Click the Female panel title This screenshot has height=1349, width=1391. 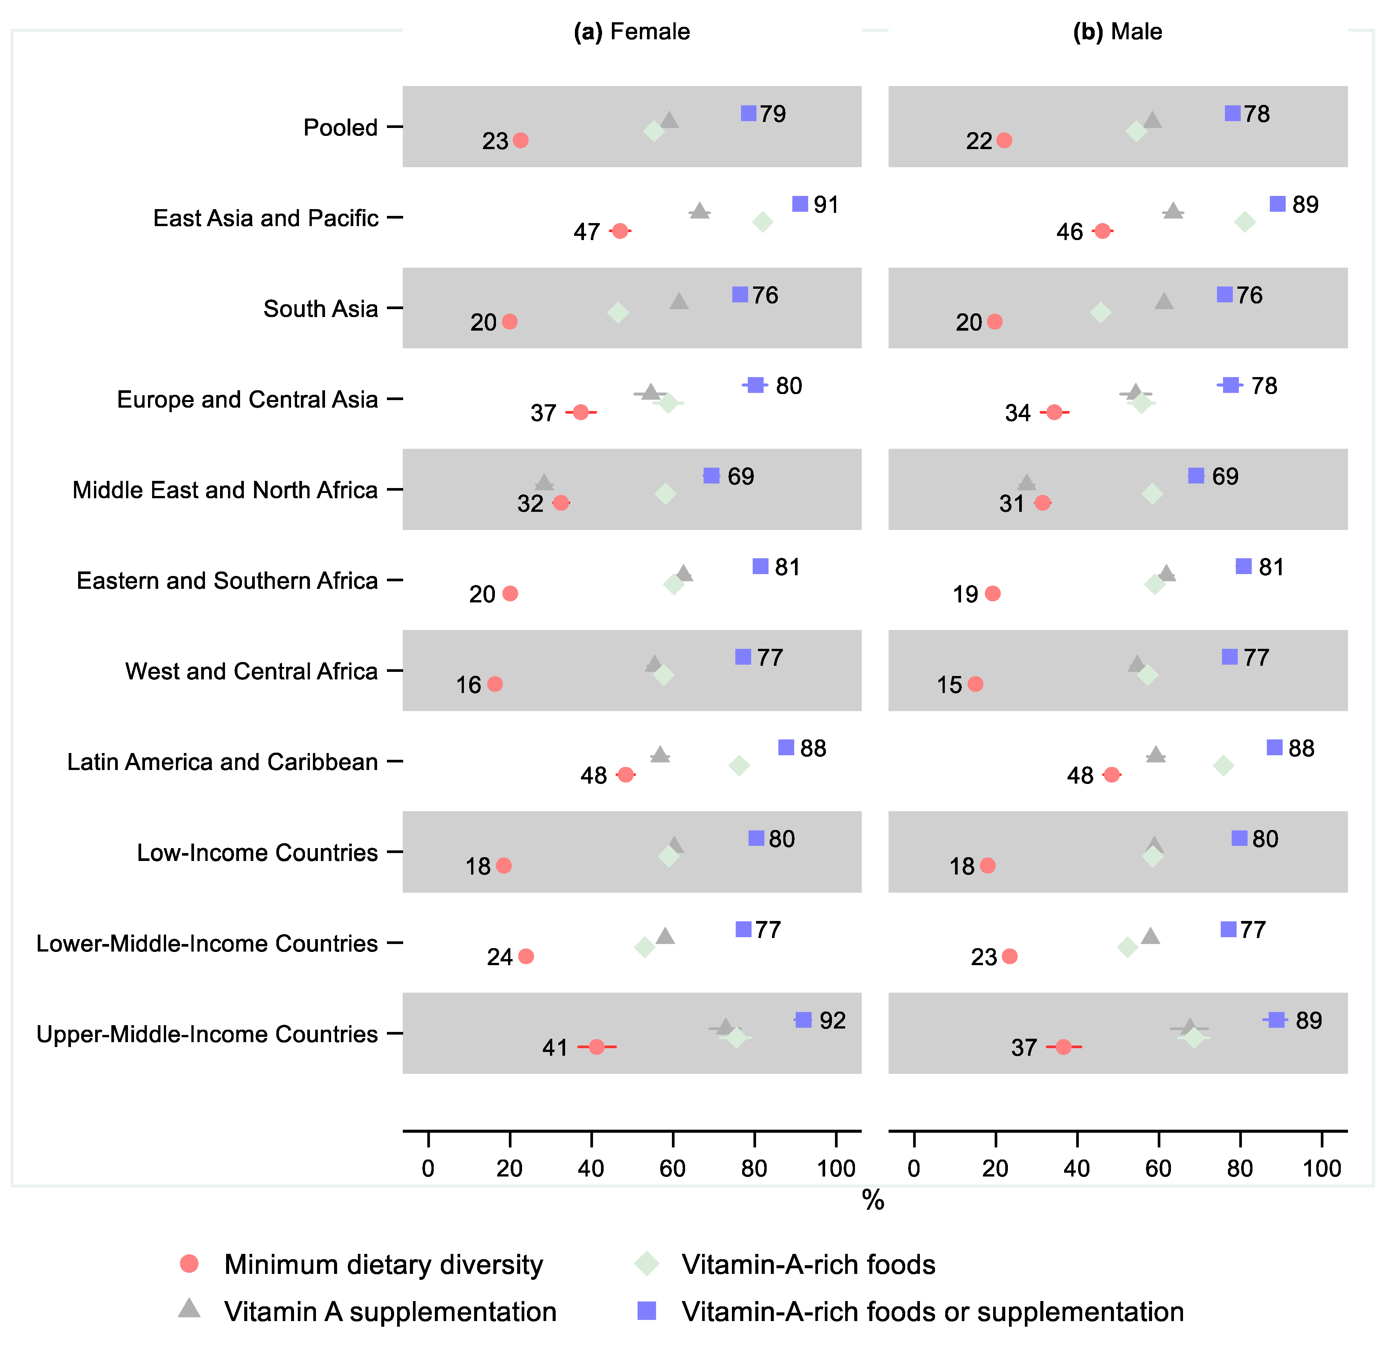tap(632, 32)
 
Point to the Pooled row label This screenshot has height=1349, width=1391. tap(340, 128)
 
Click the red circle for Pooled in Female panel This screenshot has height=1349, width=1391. tap(520, 140)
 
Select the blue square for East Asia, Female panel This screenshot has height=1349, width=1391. tap(800, 204)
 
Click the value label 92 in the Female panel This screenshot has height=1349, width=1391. tap(832, 1021)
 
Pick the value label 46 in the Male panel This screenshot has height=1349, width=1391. tap(1069, 232)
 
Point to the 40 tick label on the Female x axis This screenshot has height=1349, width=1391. tap(591, 1169)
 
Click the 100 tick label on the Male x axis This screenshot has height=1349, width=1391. tap(1322, 1169)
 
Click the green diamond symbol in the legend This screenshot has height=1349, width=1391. tap(647, 1264)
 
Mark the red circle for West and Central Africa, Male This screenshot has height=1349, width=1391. tap(976, 684)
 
